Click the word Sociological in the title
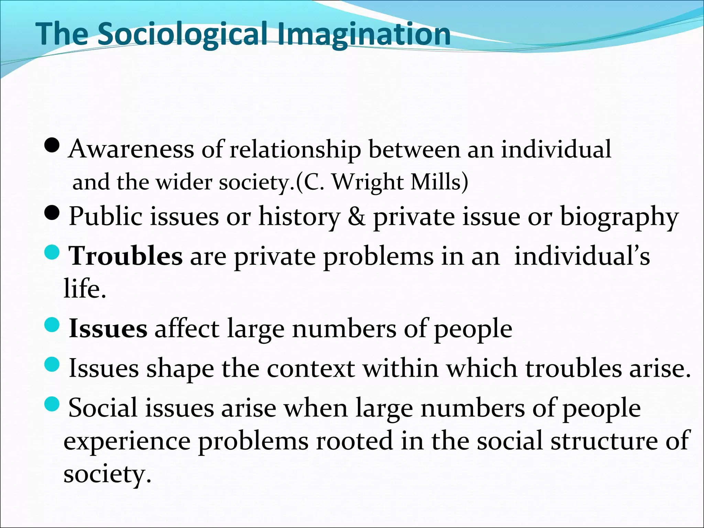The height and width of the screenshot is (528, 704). point(182,34)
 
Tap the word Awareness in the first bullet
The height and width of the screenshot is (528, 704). point(131,149)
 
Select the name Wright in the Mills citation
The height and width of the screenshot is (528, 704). point(368,182)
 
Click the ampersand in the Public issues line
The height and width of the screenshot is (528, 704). point(356,217)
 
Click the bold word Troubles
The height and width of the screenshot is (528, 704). point(126,256)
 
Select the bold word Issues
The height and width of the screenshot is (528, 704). point(108,329)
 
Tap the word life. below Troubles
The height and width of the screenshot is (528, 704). point(85,289)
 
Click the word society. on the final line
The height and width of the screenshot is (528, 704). point(107,474)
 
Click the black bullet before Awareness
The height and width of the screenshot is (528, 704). point(52,146)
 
